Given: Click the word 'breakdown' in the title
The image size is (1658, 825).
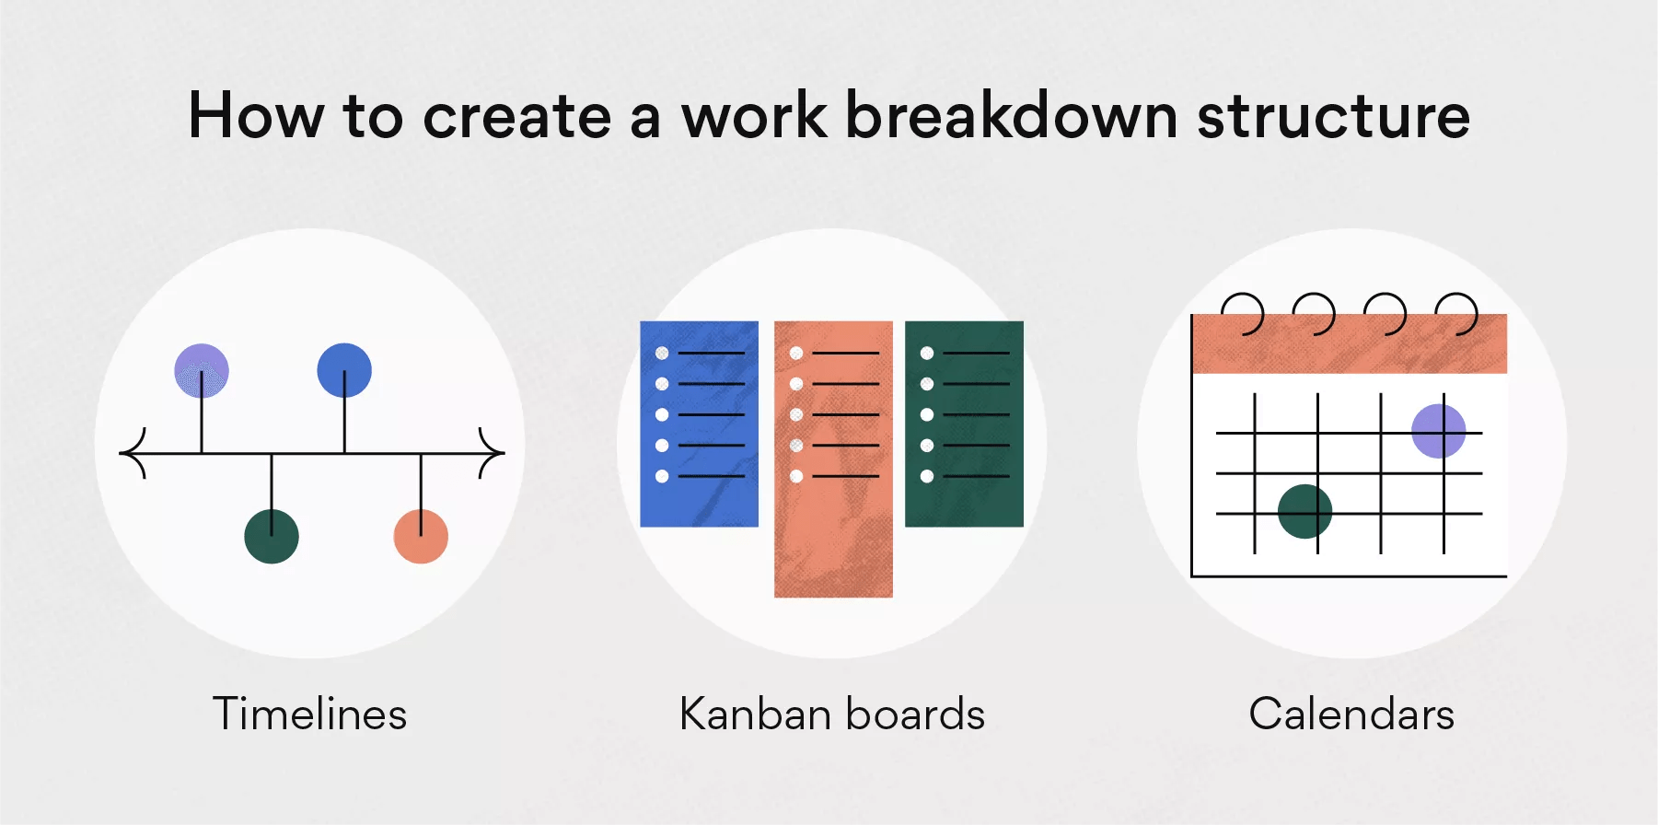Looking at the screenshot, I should (x=1011, y=116).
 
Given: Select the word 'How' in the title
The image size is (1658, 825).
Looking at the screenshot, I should (x=256, y=116).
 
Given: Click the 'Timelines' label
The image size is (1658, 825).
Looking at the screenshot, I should (x=309, y=714).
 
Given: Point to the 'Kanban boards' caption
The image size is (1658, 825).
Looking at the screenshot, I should (x=832, y=714).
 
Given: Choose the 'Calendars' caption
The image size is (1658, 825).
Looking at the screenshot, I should (x=1351, y=714).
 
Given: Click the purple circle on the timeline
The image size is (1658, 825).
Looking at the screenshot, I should (x=202, y=370).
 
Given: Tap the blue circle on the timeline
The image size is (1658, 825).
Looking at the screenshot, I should (x=344, y=370).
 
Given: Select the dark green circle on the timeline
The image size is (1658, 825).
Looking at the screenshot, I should (x=272, y=536).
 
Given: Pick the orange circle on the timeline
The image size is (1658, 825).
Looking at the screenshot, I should (x=421, y=536).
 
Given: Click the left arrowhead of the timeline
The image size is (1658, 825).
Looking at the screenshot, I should (x=133, y=453).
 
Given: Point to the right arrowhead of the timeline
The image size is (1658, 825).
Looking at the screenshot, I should (x=493, y=453).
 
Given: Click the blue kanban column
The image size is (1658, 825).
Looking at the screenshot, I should (x=699, y=424).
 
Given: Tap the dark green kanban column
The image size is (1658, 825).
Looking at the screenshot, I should (x=964, y=424).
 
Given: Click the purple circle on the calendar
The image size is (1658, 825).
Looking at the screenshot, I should (x=1438, y=431).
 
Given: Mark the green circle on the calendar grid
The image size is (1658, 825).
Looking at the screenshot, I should (x=1304, y=511).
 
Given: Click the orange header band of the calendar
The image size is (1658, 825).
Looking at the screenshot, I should (x=1349, y=345).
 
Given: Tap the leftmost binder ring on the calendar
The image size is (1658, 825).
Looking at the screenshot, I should (x=1244, y=313).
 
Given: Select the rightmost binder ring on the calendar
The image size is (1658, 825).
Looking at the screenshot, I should (x=1458, y=313).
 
